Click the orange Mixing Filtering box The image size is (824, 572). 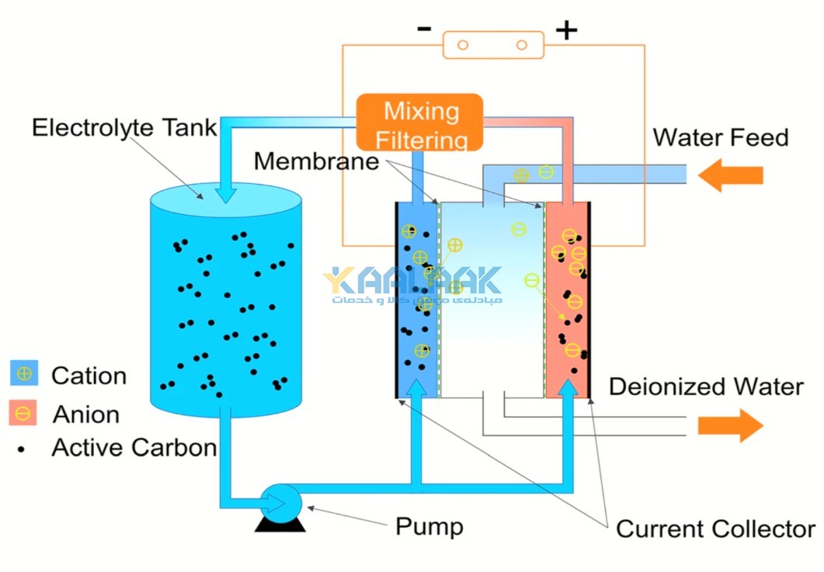(419, 123)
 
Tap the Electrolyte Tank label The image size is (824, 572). (123, 127)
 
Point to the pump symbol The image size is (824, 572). (279, 506)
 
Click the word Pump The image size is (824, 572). (429, 526)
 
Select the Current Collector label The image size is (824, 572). (714, 529)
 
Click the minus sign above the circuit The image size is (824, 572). (424, 29)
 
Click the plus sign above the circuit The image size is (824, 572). (566, 30)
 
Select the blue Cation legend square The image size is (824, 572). (24, 374)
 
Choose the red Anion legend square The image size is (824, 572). (23, 413)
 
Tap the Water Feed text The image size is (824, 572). (720, 138)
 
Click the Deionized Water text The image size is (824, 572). (705, 387)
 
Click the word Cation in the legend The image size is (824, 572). (89, 376)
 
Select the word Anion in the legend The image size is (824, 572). (86, 414)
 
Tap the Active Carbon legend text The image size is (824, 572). (134, 448)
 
